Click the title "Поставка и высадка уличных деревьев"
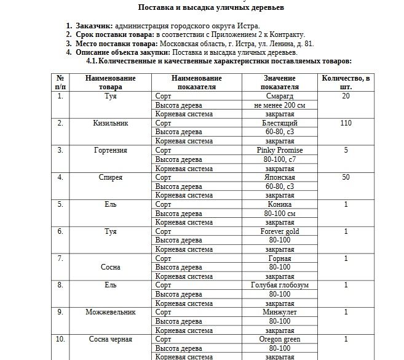click(202, 7)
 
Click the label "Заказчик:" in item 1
click(93, 26)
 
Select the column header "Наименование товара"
click(110, 82)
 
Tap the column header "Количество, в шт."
click(346, 82)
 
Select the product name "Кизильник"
click(110, 123)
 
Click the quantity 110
click(346, 123)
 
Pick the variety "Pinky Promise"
click(280, 150)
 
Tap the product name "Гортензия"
click(110, 150)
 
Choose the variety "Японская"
click(280, 177)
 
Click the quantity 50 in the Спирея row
click(346, 177)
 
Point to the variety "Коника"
click(280, 204)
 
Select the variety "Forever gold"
click(280, 231)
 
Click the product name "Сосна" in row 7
click(110, 267)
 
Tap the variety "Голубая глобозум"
click(280, 286)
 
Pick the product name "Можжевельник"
click(110, 312)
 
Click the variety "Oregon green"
click(280, 339)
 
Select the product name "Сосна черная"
click(110, 339)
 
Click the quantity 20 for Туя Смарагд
click(346, 97)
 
